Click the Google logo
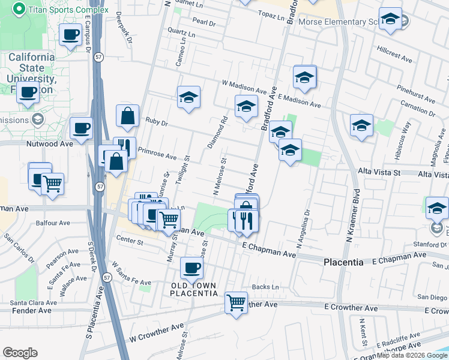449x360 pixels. tap(20, 353)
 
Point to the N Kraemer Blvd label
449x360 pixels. tap(352, 216)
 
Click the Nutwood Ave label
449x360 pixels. tap(49, 143)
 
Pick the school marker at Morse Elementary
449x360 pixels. tap(390, 20)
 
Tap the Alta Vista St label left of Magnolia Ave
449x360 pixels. tap(379, 172)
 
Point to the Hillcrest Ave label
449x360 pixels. tap(394, 55)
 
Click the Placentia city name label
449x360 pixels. tap(343, 262)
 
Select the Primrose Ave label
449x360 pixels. tap(157, 154)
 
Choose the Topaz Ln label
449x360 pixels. tap(271, 14)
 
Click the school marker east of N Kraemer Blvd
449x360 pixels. tap(361, 125)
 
